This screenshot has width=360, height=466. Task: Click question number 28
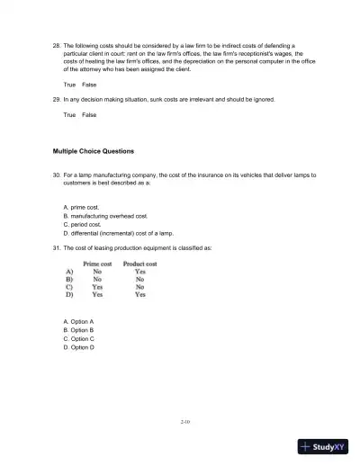57,43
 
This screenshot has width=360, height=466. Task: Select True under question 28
70,84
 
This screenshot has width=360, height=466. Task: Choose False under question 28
89,84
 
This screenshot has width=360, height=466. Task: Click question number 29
57,99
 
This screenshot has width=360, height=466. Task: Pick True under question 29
70,115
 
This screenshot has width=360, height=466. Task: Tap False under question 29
89,115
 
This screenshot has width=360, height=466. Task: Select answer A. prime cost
85,207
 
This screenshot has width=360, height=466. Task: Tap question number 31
57,247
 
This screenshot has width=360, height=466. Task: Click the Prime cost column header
97,264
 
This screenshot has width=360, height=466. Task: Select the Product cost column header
139,264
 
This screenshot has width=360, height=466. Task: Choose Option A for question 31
78,321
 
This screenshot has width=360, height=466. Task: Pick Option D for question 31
78,347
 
